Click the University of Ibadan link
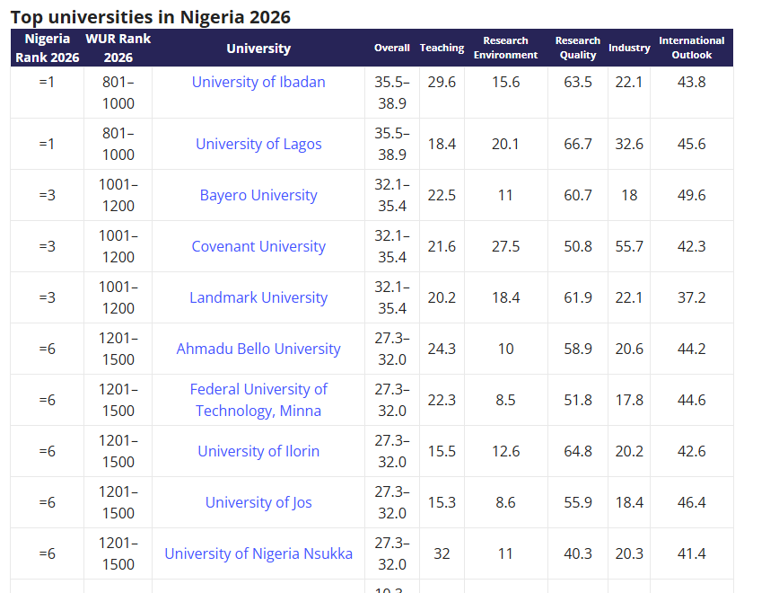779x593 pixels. pyautogui.click(x=258, y=82)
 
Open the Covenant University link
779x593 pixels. pyautogui.click(x=258, y=246)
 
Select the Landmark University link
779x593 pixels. pyautogui.click(x=258, y=297)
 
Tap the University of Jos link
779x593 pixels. pyautogui.click(x=258, y=502)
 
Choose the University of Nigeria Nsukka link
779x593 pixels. pyautogui.click(x=258, y=553)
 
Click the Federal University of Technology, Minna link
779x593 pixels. pyautogui.click(x=258, y=400)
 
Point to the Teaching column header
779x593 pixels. pyautogui.click(x=442, y=48)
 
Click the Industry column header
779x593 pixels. pyautogui.click(x=629, y=48)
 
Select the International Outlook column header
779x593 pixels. pyautogui.click(x=692, y=48)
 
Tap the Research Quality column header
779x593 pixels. pyautogui.click(x=578, y=48)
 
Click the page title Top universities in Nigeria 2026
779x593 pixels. pyautogui.click(x=151, y=17)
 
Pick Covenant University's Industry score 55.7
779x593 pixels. pyautogui.click(x=629, y=246)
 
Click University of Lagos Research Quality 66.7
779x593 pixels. pyautogui.click(x=578, y=144)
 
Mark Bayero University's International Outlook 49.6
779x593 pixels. pyautogui.click(x=692, y=195)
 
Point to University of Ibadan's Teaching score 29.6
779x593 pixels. pyautogui.click(x=442, y=82)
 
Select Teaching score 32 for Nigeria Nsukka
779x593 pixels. pyautogui.click(x=442, y=553)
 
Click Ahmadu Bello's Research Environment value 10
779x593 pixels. pyautogui.click(x=506, y=349)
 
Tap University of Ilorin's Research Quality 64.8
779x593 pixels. pyautogui.click(x=578, y=451)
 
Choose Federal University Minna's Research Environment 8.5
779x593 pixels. pyautogui.click(x=506, y=400)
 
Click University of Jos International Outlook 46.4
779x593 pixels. pyautogui.click(x=692, y=502)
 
